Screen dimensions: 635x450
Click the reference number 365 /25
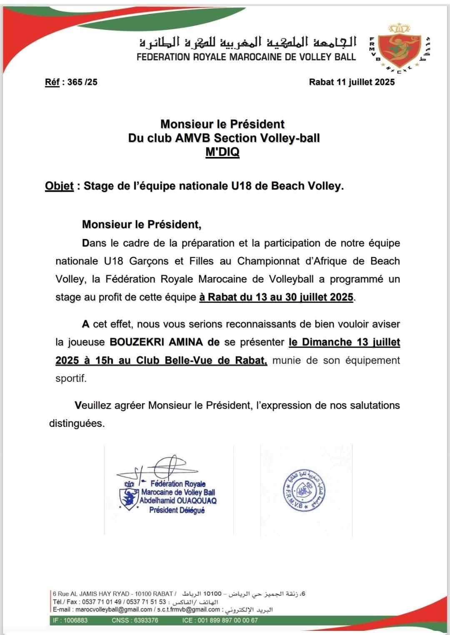tap(82, 82)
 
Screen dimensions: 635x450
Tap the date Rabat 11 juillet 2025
tap(352, 82)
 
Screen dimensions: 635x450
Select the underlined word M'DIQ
tap(222, 152)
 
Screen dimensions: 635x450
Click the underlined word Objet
tap(59, 186)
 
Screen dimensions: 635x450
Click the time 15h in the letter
tap(104, 360)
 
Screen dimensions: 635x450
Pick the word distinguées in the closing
tap(77, 423)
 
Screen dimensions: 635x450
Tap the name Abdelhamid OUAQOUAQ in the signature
tap(178, 501)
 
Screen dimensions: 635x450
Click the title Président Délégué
tap(177, 510)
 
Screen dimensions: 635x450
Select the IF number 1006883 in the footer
tap(75, 620)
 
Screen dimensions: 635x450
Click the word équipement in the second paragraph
tap(372, 360)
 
